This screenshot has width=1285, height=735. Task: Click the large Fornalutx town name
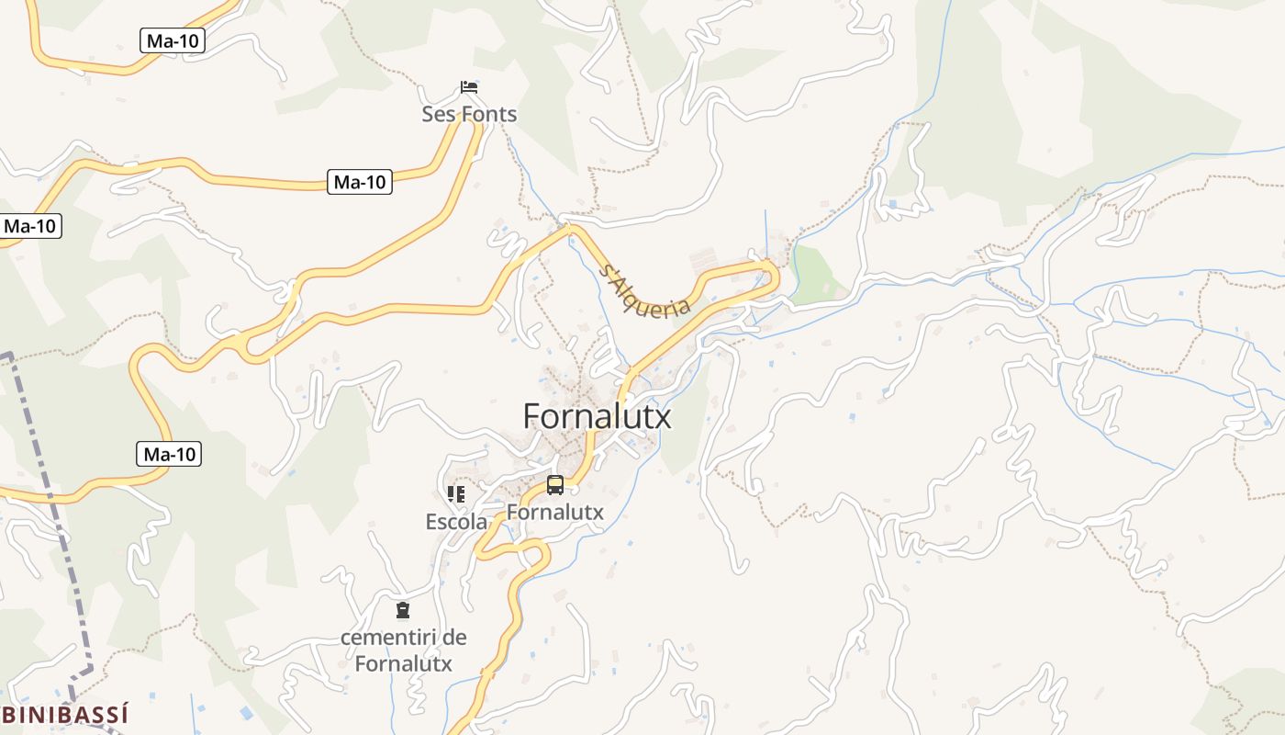coord(597,416)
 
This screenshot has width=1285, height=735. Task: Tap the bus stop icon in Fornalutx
coord(554,484)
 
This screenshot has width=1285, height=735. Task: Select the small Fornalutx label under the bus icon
coord(555,513)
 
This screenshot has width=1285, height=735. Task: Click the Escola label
coord(456,522)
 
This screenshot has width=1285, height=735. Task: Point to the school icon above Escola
coord(456,494)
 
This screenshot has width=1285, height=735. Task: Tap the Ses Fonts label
coord(469,115)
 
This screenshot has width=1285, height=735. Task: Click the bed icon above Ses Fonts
coord(469,87)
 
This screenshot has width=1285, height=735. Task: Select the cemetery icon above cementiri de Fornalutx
coord(402,610)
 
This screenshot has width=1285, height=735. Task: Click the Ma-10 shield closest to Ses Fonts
coord(360,182)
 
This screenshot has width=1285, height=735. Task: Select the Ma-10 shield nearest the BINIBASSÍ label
coord(171,454)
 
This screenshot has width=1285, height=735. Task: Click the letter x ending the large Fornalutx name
coord(663,418)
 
